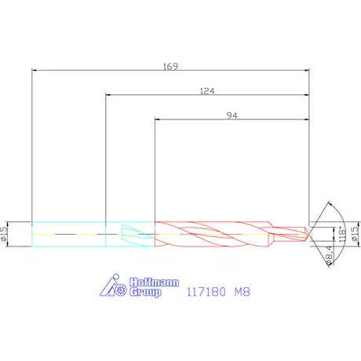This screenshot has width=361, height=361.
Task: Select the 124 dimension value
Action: click(207, 91)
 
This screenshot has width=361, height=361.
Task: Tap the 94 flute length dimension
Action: click(232, 115)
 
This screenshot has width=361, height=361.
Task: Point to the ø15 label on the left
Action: click(6, 232)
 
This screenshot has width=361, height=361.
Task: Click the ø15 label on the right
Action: click(354, 233)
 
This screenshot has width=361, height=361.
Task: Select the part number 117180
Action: click(206, 290)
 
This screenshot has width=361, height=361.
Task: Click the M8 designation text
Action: click(245, 290)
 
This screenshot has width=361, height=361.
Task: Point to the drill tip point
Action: click(308, 232)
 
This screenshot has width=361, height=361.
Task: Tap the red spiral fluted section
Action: click(212, 232)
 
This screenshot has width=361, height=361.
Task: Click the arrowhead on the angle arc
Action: click(326, 205)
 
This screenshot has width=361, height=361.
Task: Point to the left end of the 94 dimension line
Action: click(155, 120)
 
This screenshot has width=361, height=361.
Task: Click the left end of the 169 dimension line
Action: click(32, 71)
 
